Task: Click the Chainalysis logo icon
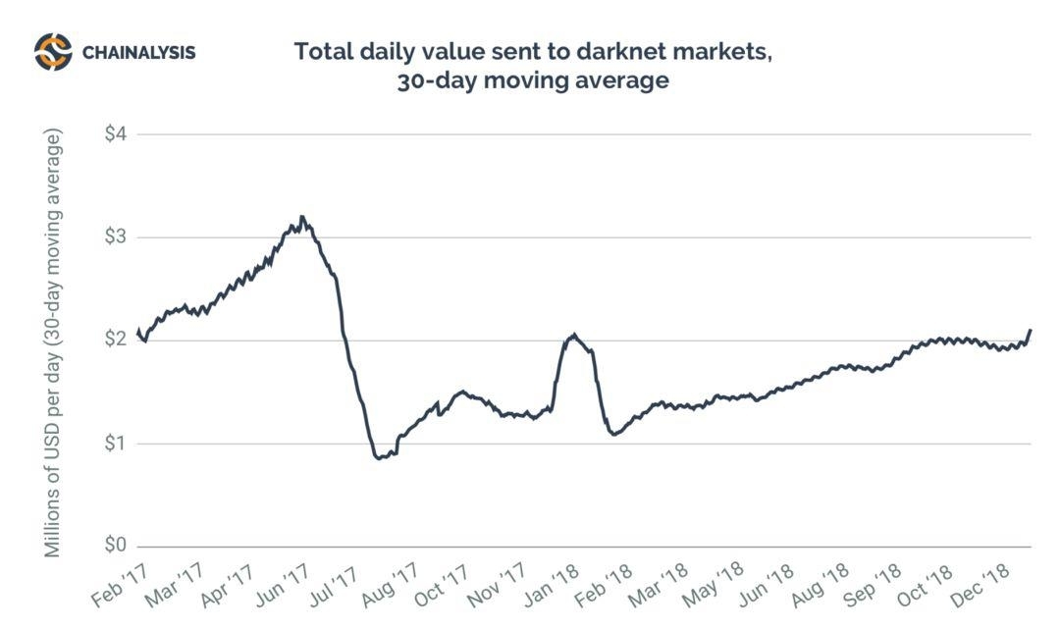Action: point(53,51)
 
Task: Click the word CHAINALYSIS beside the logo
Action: point(138,52)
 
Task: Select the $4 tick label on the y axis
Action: point(116,134)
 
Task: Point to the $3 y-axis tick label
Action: point(116,237)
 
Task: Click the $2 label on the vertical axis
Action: point(116,341)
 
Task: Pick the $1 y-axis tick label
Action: point(116,444)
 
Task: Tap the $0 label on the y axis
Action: point(116,547)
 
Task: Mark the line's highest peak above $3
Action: point(302,217)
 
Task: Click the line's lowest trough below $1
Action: point(380,457)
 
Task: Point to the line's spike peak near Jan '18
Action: point(574,335)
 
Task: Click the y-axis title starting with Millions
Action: point(53,343)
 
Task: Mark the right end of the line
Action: point(1031,331)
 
